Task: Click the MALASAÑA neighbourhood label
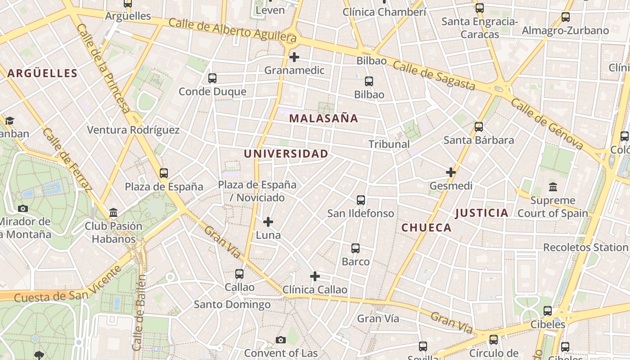point(324,118)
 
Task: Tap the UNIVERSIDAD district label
point(286,153)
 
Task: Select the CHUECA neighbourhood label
point(426,228)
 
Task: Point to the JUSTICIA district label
point(481,213)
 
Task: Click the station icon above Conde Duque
point(212,78)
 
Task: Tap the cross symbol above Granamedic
point(294,57)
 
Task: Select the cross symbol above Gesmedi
point(451,172)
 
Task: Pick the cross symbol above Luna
point(268,221)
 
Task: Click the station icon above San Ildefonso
point(361,200)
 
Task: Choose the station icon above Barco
point(355,248)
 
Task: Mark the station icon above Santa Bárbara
point(479,126)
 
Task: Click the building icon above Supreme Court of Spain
point(553,186)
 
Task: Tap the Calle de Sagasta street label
point(434,75)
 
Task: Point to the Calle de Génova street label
point(547,124)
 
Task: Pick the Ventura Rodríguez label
point(133,130)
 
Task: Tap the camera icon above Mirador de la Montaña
point(22,208)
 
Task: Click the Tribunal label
point(389,144)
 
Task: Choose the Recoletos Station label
point(585,247)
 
